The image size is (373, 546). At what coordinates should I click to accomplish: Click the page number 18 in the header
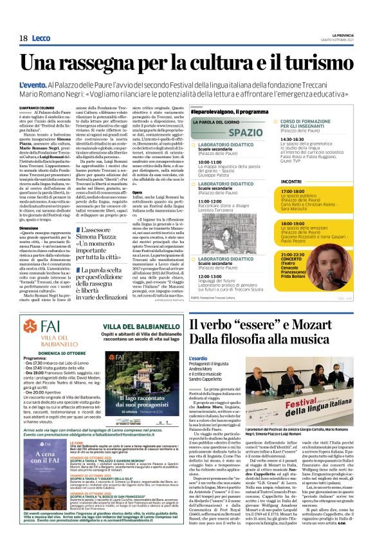click(23, 39)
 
